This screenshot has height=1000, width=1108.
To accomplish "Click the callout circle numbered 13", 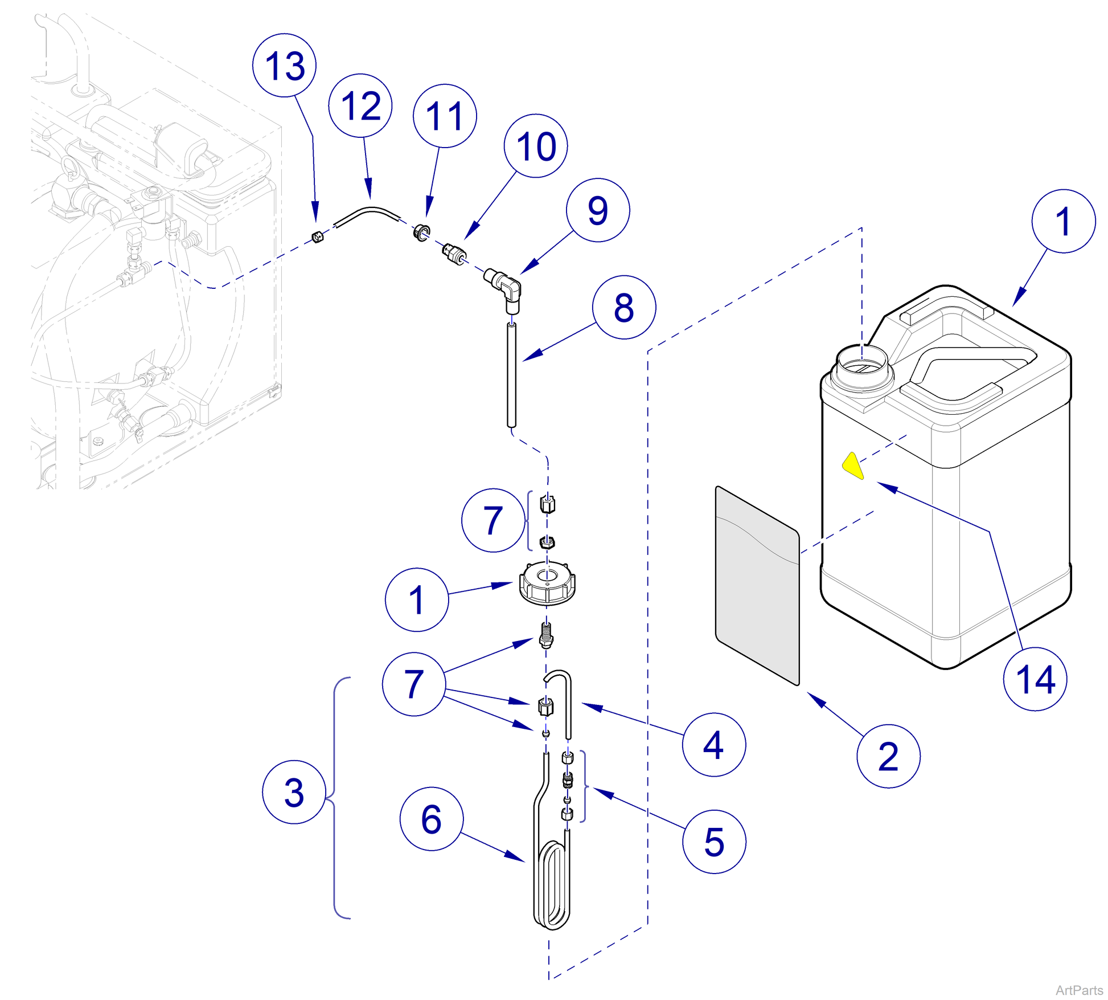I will click(284, 65).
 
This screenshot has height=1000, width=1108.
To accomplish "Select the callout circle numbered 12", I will click(360, 105).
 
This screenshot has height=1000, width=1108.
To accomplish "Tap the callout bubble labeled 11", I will click(445, 116).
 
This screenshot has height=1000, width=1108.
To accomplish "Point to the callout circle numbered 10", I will click(536, 146).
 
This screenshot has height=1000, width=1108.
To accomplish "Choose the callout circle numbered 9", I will click(598, 210).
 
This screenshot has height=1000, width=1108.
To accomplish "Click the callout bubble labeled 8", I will click(624, 307).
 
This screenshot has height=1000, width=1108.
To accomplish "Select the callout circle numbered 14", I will click(1035, 679).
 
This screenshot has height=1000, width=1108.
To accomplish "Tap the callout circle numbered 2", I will click(888, 756).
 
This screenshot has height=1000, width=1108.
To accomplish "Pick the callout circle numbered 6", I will click(432, 819).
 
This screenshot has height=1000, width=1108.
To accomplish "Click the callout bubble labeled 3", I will click(294, 791).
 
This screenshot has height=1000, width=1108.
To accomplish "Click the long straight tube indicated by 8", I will click(511, 376).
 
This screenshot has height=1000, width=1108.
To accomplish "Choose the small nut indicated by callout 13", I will click(318, 236).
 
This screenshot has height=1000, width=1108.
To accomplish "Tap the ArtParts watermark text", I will click(1079, 990).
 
